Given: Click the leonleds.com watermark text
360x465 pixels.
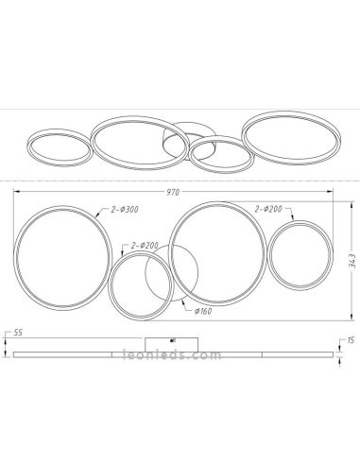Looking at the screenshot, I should tap(170, 356).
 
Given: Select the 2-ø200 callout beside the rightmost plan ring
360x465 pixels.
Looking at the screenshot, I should tap(269, 210).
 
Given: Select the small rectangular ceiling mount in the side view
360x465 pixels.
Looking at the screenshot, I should tap(173, 342).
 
